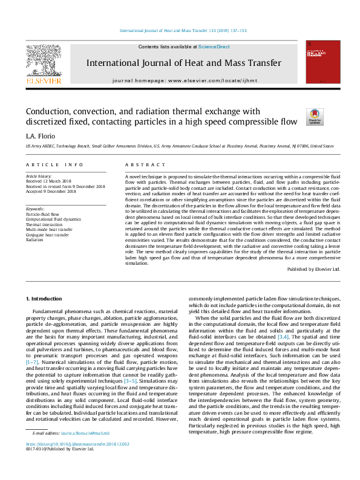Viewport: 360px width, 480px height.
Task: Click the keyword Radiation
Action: tap(35, 239)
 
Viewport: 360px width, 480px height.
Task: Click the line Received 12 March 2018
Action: tap(50, 181)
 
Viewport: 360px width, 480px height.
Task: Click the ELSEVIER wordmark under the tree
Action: tap(43, 80)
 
